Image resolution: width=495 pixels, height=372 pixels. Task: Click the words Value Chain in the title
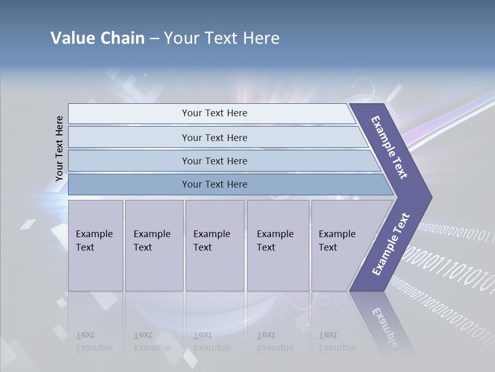pos(97,38)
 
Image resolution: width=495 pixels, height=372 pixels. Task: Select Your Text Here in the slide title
pos(222,38)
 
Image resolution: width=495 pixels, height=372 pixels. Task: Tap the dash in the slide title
pos(154,39)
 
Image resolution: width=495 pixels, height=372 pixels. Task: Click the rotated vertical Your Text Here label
pos(59,148)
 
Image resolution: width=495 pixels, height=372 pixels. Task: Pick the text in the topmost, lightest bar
pos(214,113)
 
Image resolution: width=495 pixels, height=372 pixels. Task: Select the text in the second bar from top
pos(214,137)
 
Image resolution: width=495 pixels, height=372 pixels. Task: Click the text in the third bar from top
pos(214,161)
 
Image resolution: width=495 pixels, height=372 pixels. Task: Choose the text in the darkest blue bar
pos(214,184)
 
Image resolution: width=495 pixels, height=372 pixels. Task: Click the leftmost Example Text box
pos(95,245)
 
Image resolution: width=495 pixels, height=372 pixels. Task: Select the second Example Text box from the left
pos(154,245)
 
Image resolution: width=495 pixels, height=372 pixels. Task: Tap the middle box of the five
pos(214,245)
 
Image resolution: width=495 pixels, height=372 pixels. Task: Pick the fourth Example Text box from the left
pos(277,245)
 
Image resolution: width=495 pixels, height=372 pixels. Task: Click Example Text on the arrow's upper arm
pos(389,147)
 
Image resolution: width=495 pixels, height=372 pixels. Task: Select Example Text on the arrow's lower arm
pos(390,244)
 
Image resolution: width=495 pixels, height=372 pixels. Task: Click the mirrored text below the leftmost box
pos(94,342)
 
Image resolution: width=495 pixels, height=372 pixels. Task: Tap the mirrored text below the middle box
pos(211,342)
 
